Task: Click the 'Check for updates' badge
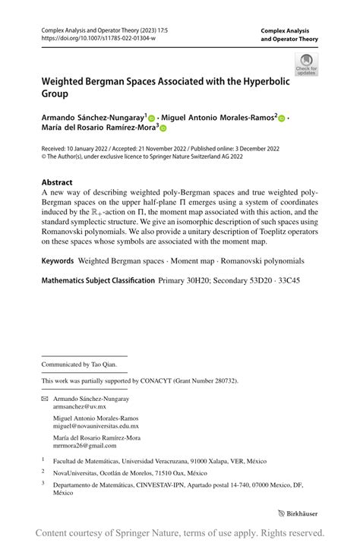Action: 306,64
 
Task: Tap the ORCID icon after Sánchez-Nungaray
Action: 151,118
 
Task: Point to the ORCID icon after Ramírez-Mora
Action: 162,130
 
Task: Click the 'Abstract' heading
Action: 57,182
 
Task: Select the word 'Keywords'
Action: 58,260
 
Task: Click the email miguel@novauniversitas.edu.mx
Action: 96,426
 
